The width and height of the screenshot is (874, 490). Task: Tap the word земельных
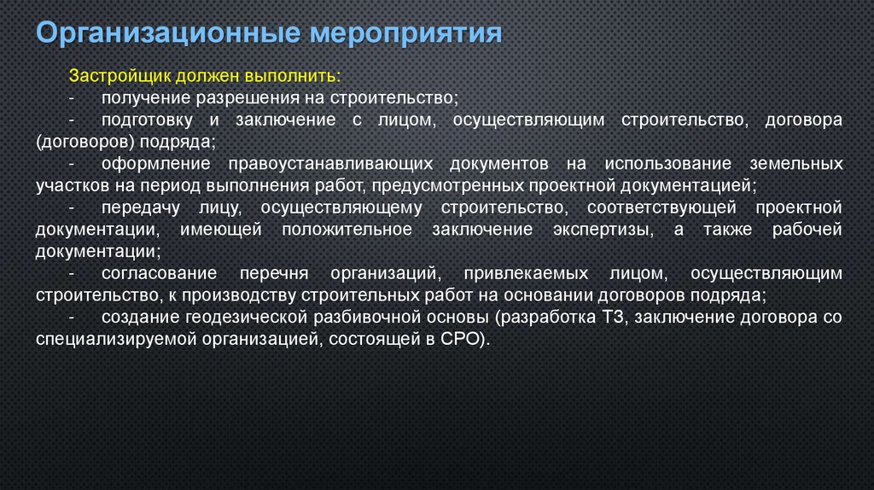797,163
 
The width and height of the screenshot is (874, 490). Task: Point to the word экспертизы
588,230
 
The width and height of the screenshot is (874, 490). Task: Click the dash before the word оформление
72,163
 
